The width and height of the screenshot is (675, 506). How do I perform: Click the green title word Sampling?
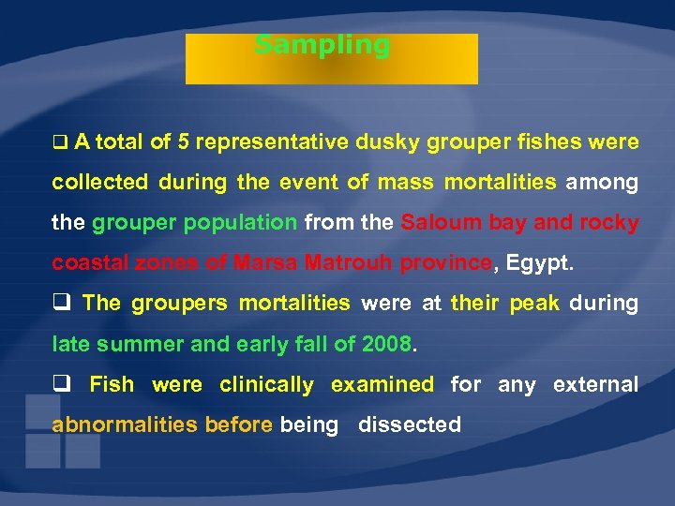click(322, 45)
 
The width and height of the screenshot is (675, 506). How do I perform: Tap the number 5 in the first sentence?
click(185, 142)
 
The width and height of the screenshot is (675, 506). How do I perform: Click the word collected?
click(99, 183)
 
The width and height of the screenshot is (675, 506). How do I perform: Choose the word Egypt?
click(538, 263)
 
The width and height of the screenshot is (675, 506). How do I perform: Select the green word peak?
click(533, 304)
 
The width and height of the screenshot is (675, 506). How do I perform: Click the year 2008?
click(385, 344)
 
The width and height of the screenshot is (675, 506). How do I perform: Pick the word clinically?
click(266, 384)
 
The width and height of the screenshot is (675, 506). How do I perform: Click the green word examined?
click(382, 384)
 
